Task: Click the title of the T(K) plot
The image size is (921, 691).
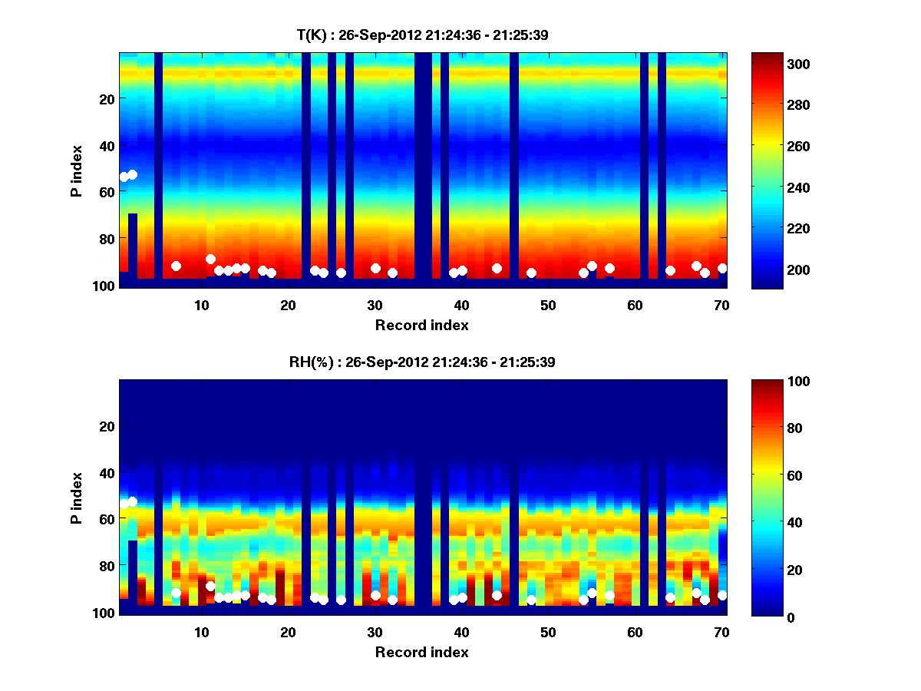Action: tap(422, 35)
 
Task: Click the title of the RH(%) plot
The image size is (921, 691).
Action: tap(422, 362)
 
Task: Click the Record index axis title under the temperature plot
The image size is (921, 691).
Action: tap(422, 326)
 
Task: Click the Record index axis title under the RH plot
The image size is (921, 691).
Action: tap(422, 653)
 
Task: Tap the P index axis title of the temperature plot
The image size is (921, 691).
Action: tap(77, 170)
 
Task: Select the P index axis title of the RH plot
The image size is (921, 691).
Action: tap(77, 498)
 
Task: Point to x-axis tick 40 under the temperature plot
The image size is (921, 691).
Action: tap(461, 305)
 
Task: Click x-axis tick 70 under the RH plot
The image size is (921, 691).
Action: tap(721, 632)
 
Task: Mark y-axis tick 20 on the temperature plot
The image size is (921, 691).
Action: tap(106, 99)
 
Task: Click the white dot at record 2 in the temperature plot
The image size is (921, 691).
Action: tap(133, 174)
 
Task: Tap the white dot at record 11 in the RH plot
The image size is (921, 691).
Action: tap(210, 586)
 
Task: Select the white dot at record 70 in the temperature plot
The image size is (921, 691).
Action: tap(722, 268)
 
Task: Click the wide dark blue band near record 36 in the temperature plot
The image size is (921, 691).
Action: tap(423, 169)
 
